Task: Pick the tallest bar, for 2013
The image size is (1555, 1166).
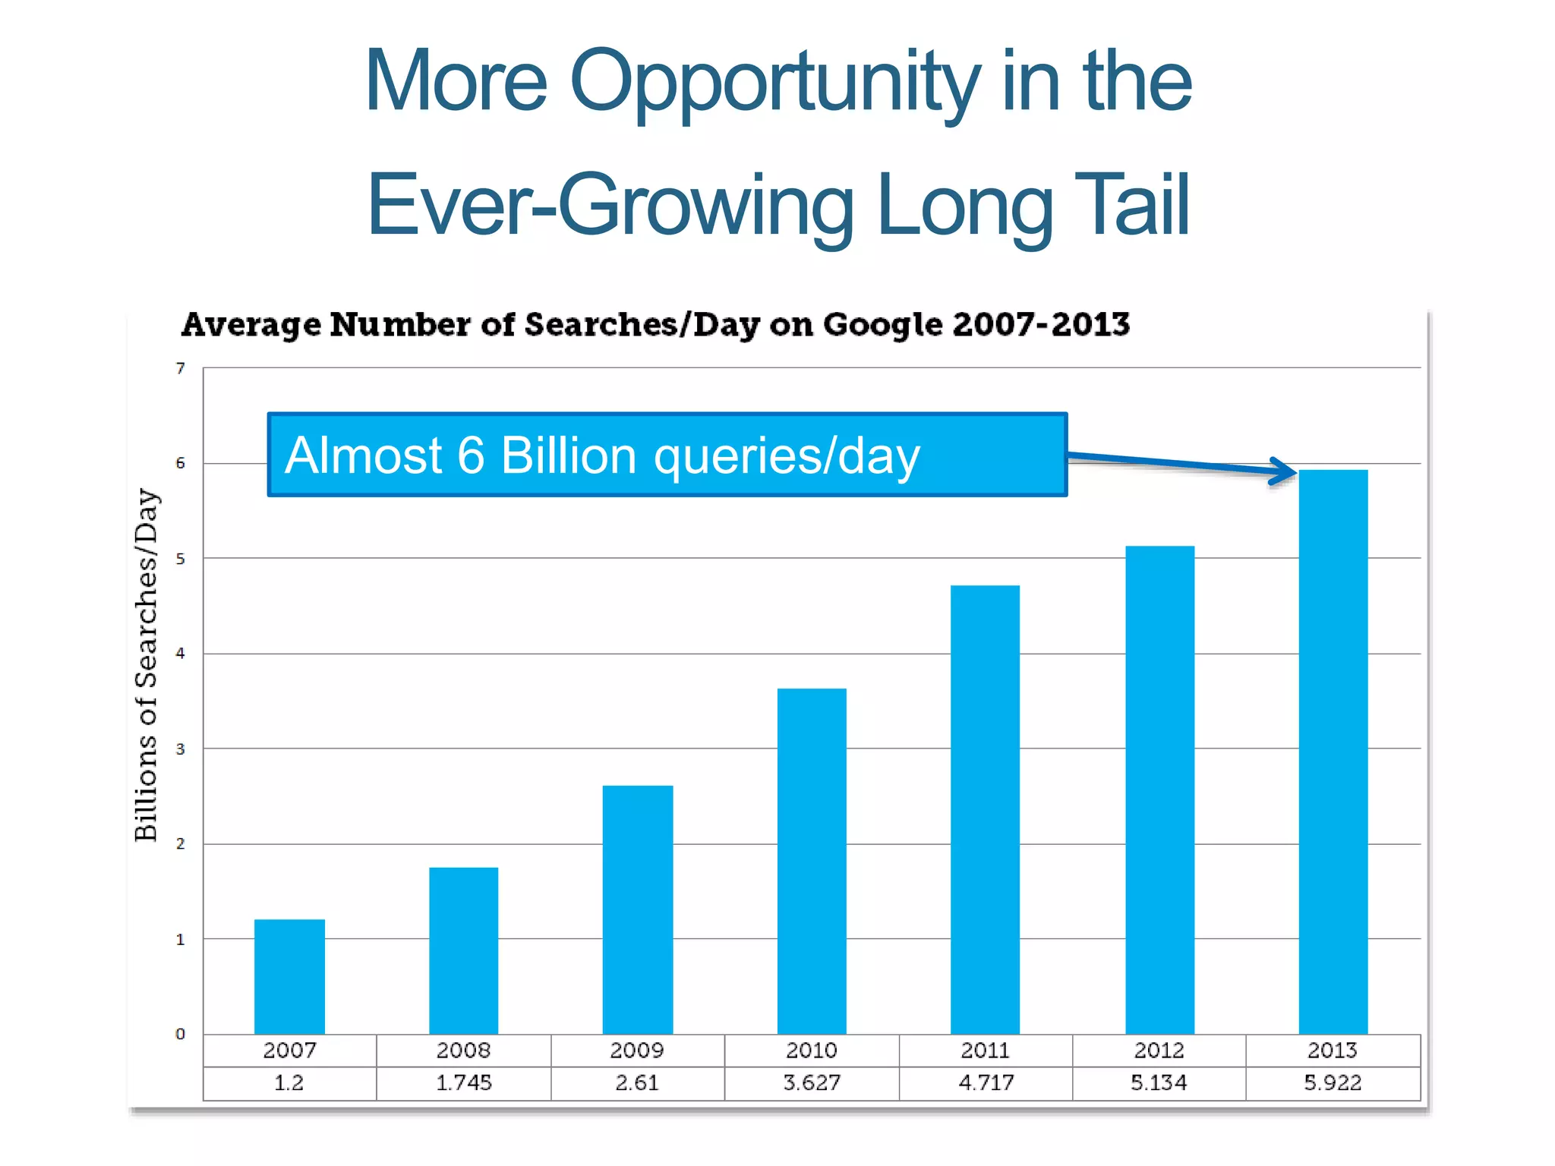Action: click(x=1333, y=752)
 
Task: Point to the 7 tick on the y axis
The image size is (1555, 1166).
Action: click(x=180, y=369)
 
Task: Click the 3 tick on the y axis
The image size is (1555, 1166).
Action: click(x=180, y=749)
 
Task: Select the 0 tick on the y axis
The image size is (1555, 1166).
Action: click(x=180, y=1034)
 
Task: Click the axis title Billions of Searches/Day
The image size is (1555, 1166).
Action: click(x=147, y=665)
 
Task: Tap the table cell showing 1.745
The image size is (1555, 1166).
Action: click(x=463, y=1083)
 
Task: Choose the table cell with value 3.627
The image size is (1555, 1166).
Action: click(x=812, y=1083)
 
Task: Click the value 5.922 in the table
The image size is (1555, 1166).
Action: click(x=1333, y=1083)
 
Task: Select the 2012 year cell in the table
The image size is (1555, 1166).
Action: click(x=1159, y=1051)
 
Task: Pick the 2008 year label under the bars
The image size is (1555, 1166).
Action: click(x=463, y=1051)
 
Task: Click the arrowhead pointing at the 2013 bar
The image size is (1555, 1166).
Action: click(x=1285, y=471)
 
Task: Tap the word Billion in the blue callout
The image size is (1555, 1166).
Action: click(x=568, y=455)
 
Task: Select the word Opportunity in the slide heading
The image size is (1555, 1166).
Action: click(x=774, y=81)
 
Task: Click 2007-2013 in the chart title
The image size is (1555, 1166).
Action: click(x=1041, y=325)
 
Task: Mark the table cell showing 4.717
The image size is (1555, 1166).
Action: click(x=986, y=1083)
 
